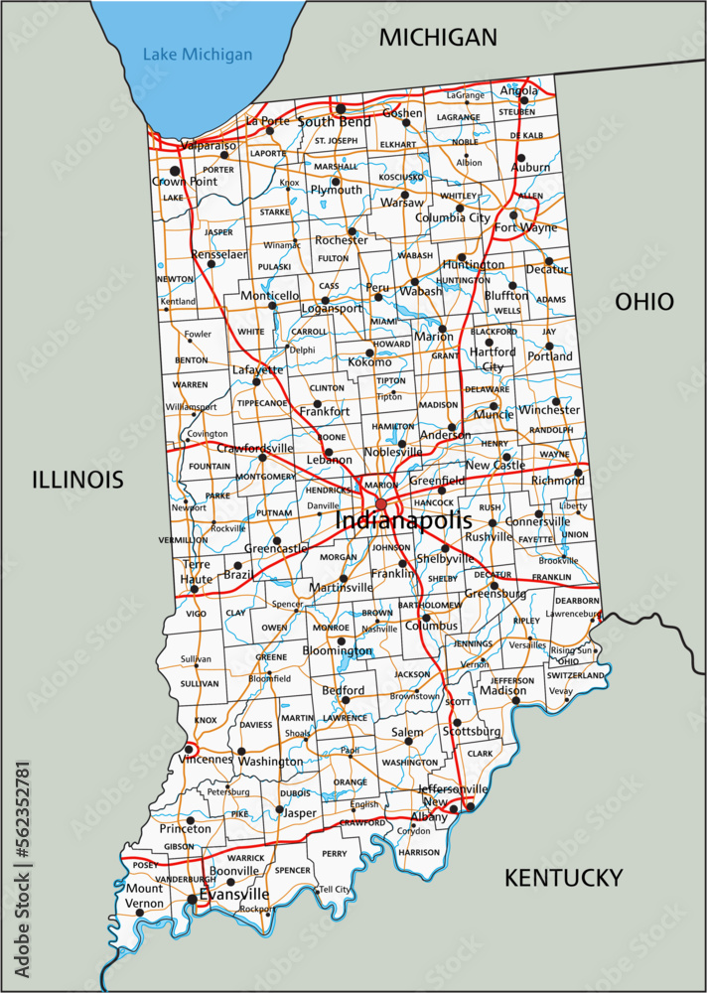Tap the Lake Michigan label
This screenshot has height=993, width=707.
tap(197, 55)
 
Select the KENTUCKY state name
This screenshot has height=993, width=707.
tap(563, 878)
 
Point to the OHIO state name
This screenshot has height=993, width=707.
tap(643, 302)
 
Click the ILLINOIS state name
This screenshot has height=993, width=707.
tap(77, 481)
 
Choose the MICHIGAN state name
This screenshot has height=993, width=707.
tap(438, 38)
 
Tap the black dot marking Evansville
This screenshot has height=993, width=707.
tap(191, 900)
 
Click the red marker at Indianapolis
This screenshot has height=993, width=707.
tap(381, 504)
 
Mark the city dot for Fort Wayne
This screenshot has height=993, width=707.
tap(513, 214)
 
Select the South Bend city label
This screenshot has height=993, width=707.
tap(334, 122)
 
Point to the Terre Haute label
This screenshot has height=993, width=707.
tap(196, 571)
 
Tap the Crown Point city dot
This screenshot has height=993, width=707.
tap(175, 171)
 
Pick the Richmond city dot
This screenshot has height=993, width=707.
tap(578, 472)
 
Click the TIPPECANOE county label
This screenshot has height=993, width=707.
tap(262, 403)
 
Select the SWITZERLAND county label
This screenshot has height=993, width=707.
tap(575, 675)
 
